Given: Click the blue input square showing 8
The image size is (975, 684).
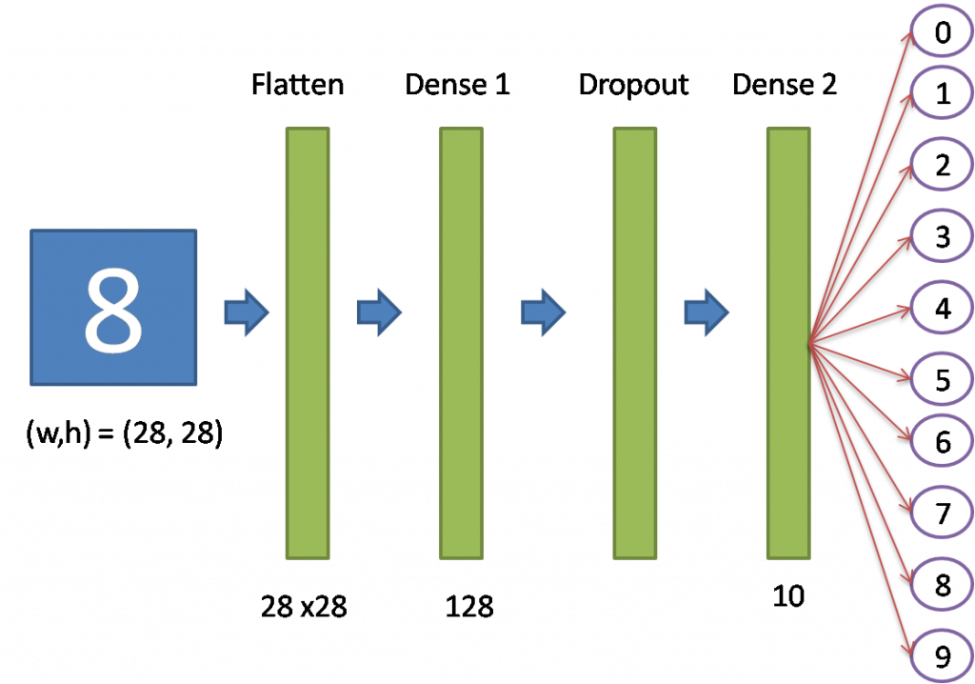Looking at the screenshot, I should pos(113,307).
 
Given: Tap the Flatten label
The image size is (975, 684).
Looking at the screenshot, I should pos(297,85).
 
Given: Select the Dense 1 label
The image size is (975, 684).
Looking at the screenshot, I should pos(458,85).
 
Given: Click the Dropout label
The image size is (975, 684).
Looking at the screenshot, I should pos(634,85).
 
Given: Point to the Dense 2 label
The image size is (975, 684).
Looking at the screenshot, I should pos(785,85).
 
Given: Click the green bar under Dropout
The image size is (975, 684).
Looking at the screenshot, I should pos(635,342).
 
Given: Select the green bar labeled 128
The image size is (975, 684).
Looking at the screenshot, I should pos(461,342).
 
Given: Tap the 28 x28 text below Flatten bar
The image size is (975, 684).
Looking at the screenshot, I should pos(303,605).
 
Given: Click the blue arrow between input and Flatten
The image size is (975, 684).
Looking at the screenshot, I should pos(246,312).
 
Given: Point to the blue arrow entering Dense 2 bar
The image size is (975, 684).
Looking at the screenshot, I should pos(706,312).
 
